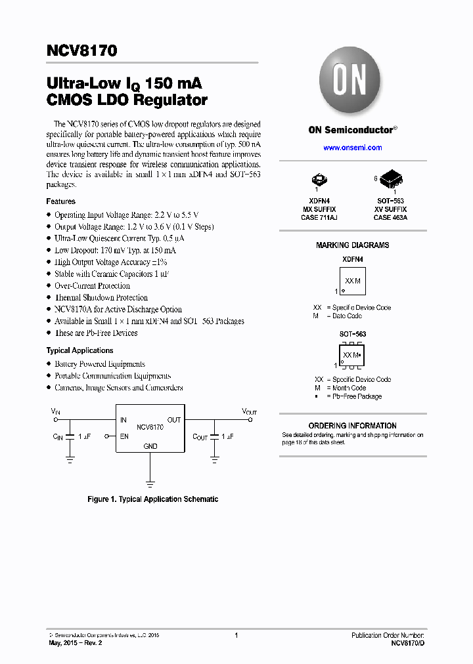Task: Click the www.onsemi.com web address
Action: coord(352,148)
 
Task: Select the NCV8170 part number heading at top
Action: coord(81,51)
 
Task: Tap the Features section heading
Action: coord(60,201)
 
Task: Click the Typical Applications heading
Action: coord(80,350)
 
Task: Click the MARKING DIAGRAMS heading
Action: coord(352,245)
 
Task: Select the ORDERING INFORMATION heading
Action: coord(352,426)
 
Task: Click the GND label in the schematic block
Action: coord(150,446)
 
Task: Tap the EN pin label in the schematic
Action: coord(124,436)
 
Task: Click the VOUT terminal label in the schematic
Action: coord(250,411)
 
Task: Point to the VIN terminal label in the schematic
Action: coord(55,411)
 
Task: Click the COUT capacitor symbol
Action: coord(214,438)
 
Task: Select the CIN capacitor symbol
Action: coord(70,438)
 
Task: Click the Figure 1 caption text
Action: coord(152,499)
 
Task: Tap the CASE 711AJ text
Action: coord(318,217)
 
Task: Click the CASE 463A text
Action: coord(390,217)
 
